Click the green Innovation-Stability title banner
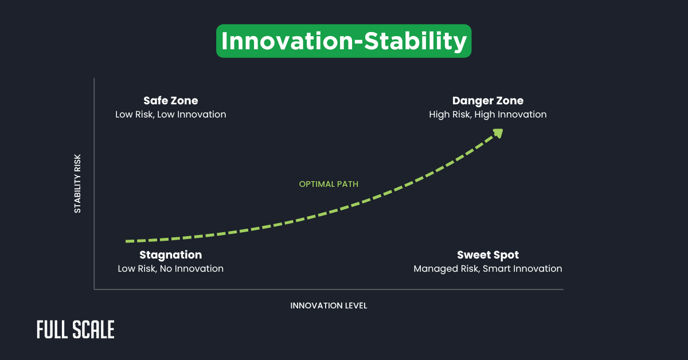(343, 41)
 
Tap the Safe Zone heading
(170, 101)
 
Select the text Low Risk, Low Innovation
(170, 115)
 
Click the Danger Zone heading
(487, 101)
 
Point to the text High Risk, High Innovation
(487, 115)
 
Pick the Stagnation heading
(170, 255)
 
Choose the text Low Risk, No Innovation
(170, 269)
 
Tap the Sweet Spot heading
(487, 255)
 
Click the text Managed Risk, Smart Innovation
(487, 269)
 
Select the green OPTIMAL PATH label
(329, 184)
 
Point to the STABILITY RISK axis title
(77, 183)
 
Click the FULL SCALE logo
(75, 330)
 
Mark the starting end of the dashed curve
(127, 241)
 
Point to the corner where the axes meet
(94, 289)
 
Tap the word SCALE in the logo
(94, 330)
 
